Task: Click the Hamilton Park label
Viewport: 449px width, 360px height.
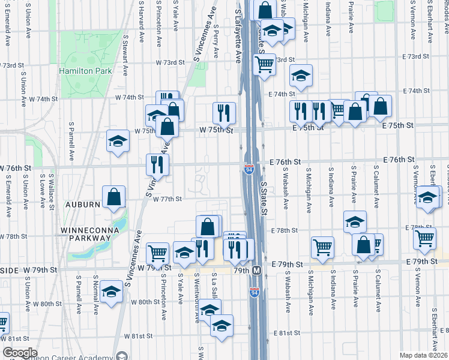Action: point(85,71)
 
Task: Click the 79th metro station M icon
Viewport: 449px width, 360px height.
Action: point(256,271)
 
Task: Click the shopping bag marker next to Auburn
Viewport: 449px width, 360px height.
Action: point(113,197)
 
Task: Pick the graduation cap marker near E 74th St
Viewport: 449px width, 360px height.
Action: point(301,76)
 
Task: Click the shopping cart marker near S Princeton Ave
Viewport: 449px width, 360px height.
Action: point(157,253)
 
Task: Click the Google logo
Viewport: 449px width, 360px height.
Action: point(20,353)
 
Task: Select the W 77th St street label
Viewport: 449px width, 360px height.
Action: point(167,199)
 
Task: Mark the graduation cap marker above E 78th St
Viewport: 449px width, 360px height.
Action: point(355,221)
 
